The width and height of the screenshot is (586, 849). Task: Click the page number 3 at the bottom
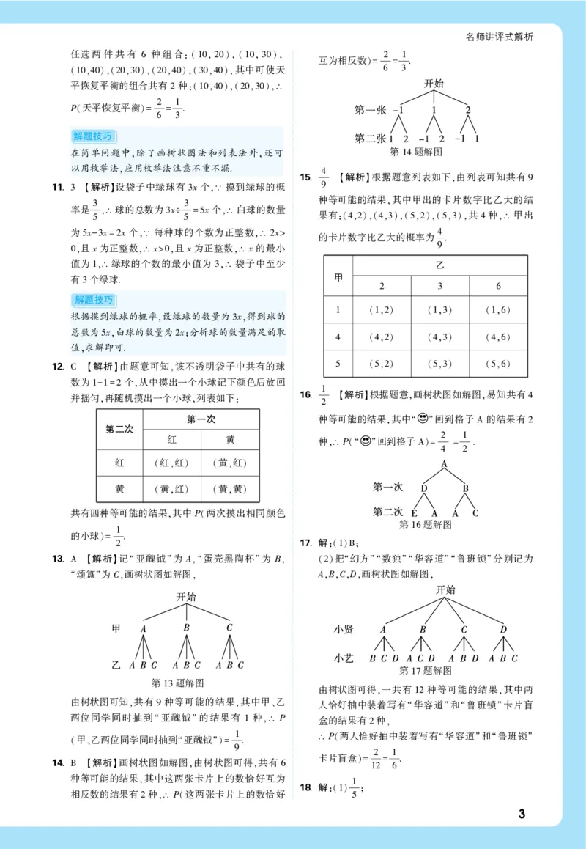[522, 814]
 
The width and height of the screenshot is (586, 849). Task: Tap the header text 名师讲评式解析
[500, 37]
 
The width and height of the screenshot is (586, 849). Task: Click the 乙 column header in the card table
[439, 265]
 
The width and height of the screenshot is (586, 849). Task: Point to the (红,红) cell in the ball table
[172, 463]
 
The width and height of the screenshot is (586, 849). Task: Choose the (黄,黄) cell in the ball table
[230, 489]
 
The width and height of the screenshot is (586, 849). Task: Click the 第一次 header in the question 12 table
[201, 419]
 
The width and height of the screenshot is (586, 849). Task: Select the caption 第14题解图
[416, 152]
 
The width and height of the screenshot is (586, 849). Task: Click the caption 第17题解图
[425, 670]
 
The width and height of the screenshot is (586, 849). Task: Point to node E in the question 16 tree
[414, 512]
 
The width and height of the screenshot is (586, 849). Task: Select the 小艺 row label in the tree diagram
[344, 658]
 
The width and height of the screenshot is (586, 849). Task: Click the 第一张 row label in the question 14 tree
[370, 110]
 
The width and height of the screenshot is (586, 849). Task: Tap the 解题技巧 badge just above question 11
[93, 136]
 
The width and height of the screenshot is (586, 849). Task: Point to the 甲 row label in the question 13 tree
[115, 628]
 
